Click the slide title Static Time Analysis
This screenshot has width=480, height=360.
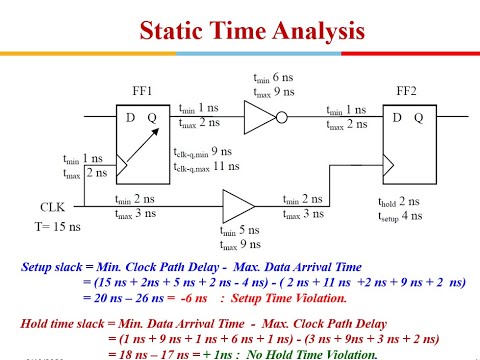tap(240, 31)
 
